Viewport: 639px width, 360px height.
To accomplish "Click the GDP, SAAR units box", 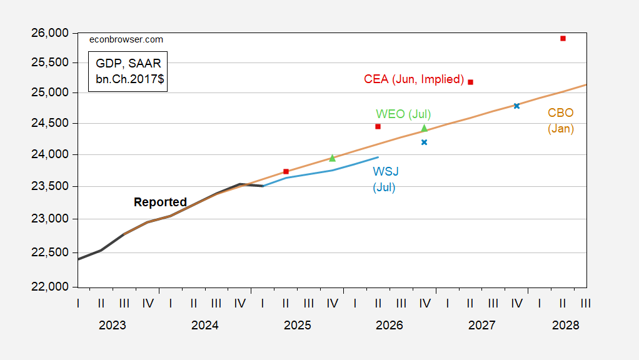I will point(128,71).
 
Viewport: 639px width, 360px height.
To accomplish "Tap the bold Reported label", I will point(160,202).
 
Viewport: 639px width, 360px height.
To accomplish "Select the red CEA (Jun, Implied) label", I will point(414,79).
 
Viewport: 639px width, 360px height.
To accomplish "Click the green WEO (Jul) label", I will point(403,114).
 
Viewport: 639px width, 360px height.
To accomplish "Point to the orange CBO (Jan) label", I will point(561,121).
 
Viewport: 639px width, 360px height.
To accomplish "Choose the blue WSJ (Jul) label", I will point(385,179).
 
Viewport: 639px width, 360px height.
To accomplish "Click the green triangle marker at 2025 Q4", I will point(332,158).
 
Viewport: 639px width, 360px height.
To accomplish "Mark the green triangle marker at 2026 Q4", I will point(424,128).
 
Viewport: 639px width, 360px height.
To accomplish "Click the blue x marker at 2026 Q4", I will point(424,142).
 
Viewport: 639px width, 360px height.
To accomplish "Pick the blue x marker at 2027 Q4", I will point(516,106).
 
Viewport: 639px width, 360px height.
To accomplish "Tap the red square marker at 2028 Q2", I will point(563,38).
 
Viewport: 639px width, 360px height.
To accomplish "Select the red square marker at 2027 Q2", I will point(470,82).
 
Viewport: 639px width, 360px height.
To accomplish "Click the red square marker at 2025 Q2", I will point(286,171).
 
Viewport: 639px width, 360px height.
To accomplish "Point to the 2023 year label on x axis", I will point(113,326).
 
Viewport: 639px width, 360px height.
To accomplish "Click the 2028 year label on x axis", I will point(566,326).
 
